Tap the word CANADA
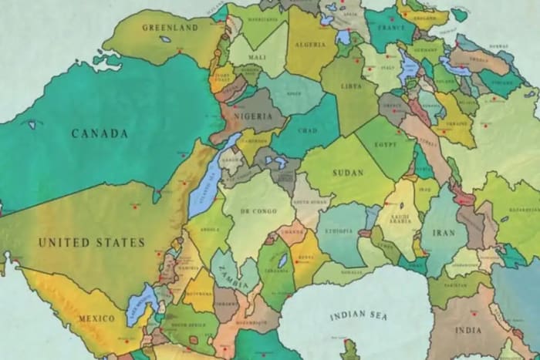pyautogui.click(x=100, y=133)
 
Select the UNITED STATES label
pyautogui.click(x=92, y=242)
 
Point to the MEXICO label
pyautogui.click(x=96, y=318)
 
